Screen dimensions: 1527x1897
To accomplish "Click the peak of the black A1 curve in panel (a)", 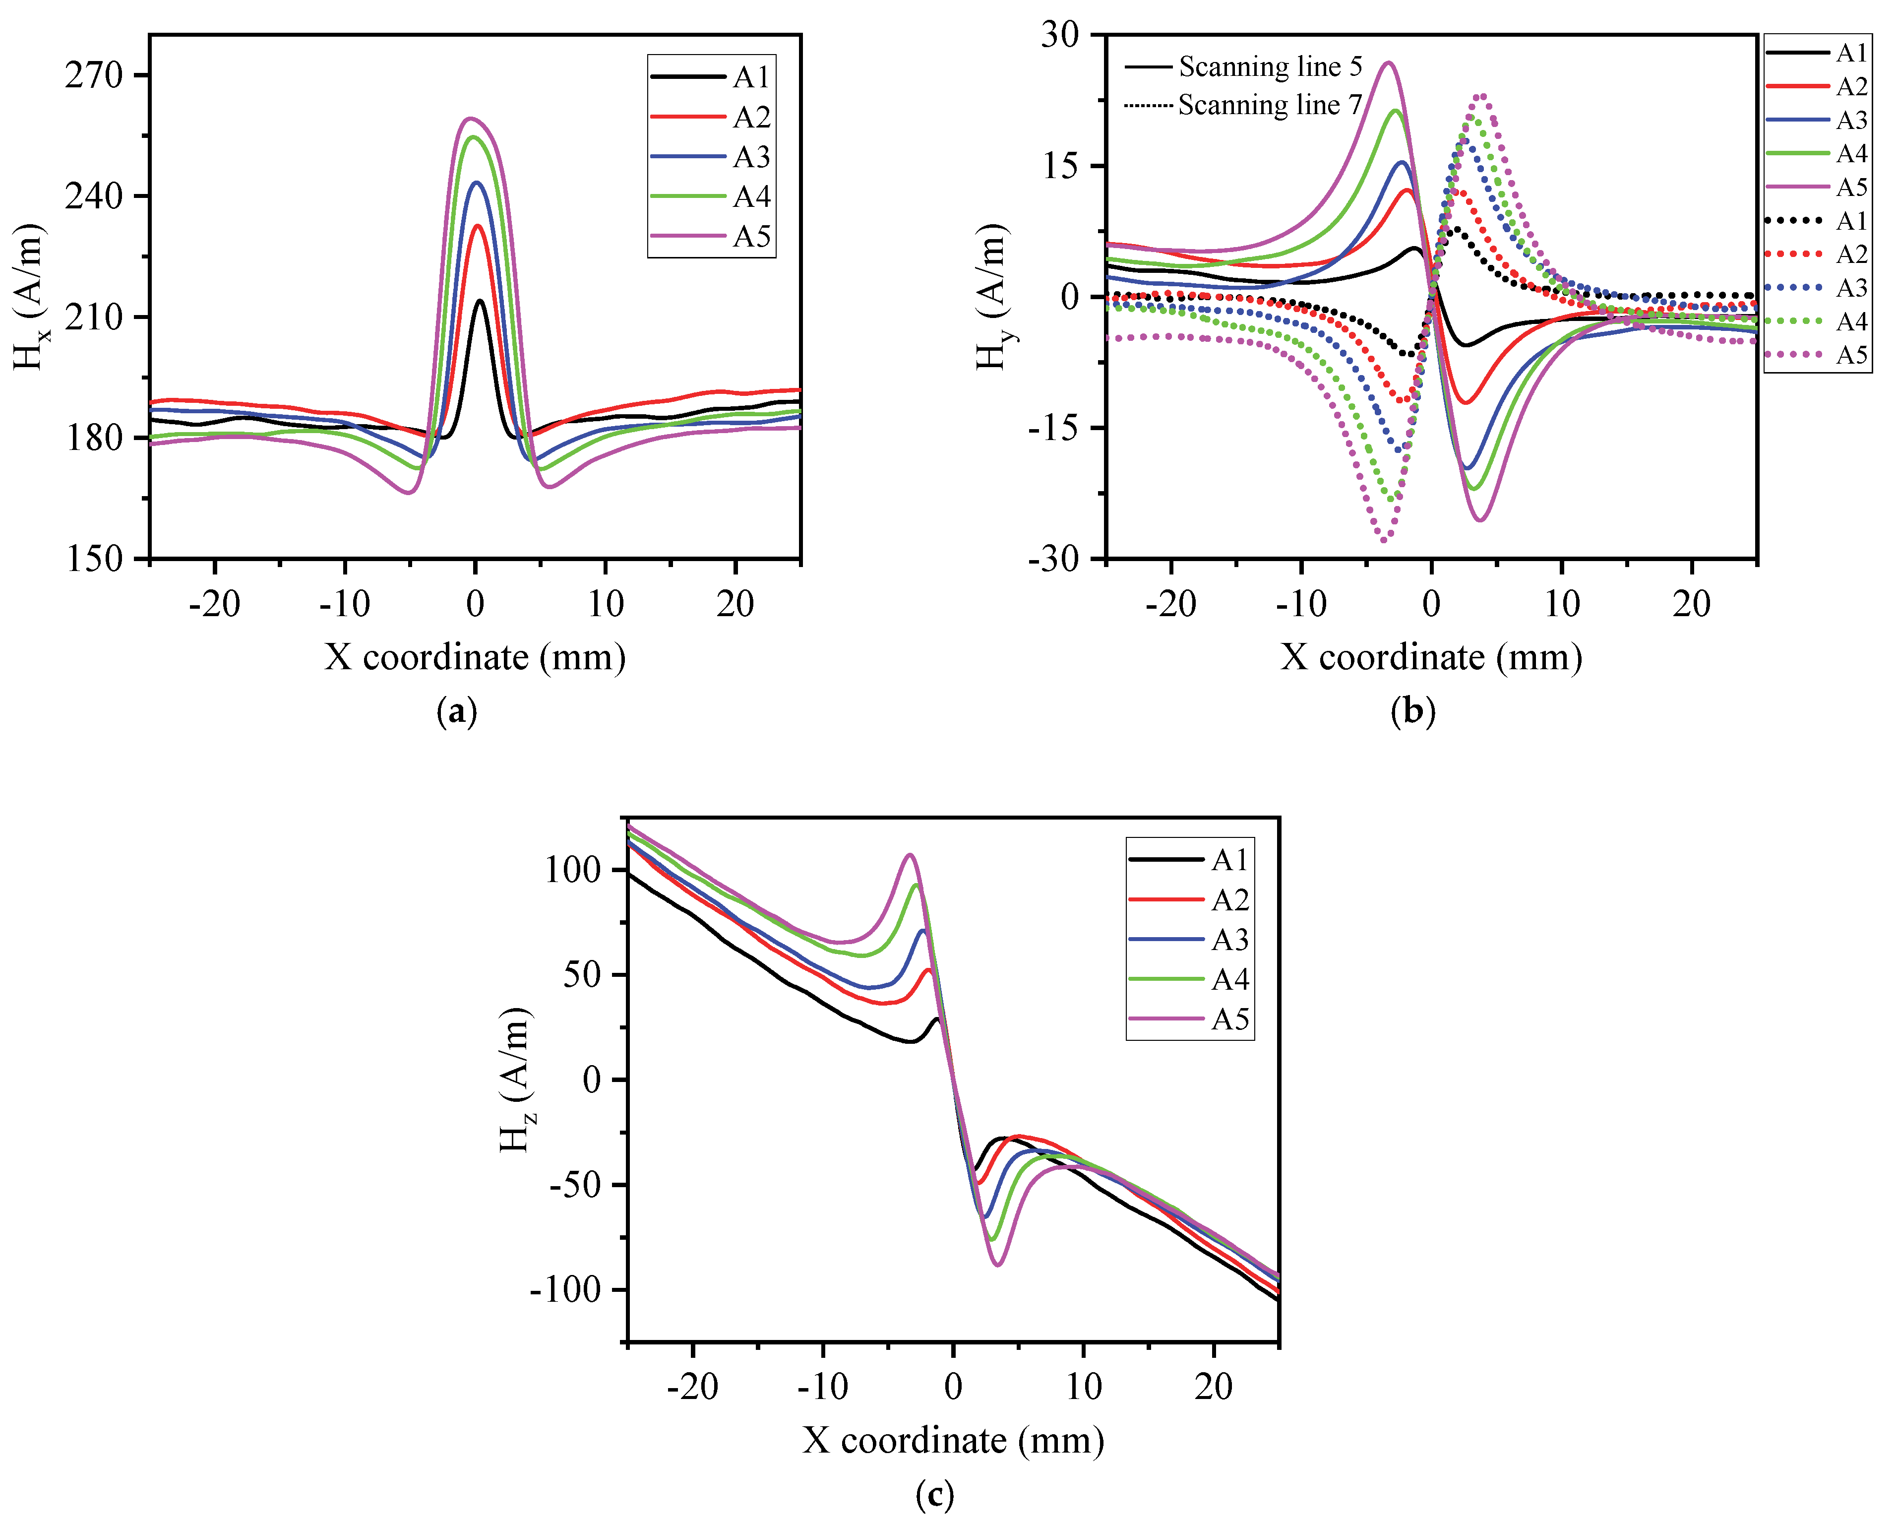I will point(480,301).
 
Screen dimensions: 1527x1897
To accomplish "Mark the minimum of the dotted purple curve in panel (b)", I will point(1384,540).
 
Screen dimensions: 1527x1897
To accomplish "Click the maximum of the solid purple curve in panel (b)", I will point(1389,63).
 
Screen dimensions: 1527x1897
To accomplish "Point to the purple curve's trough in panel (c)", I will point(998,1265).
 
